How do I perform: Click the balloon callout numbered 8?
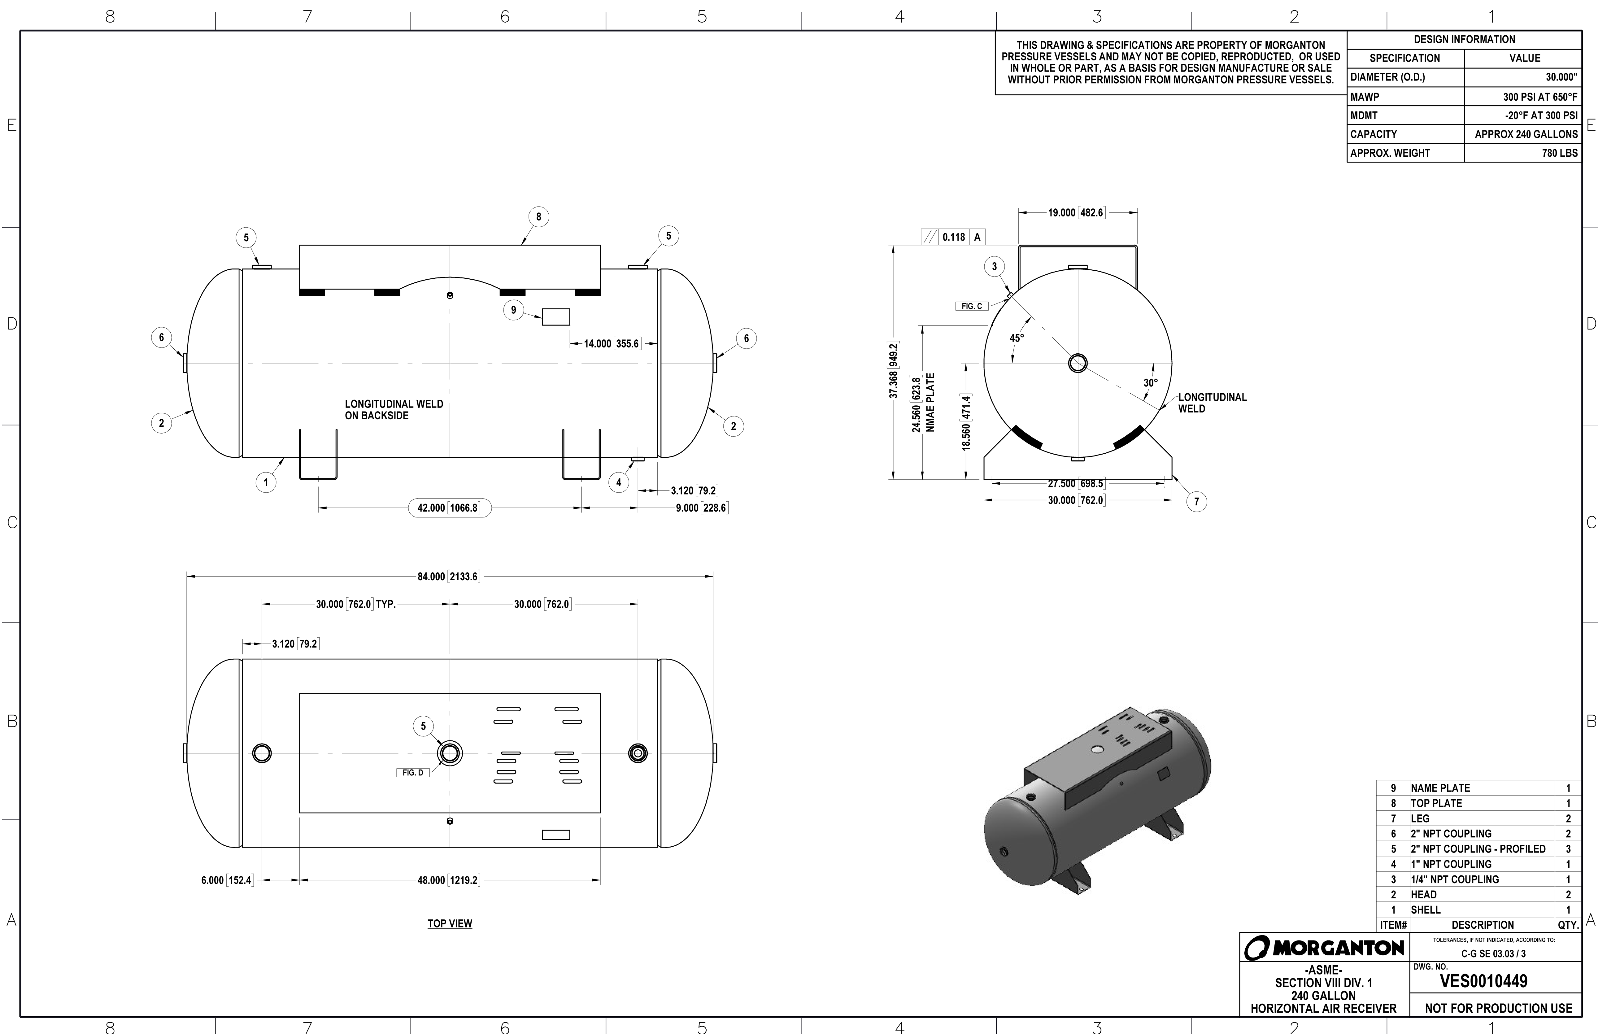[x=538, y=217]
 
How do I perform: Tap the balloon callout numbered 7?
[x=1196, y=502]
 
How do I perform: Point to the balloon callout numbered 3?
[x=994, y=267]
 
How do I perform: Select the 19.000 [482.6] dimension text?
[x=1075, y=213]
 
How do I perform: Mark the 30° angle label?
[x=1150, y=383]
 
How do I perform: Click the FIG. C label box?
[x=971, y=306]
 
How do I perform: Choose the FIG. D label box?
[x=412, y=773]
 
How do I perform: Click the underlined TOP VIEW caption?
[x=450, y=924]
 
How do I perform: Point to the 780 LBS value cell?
[x=1559, y=153]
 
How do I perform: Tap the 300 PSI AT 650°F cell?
[x=1539, y=97]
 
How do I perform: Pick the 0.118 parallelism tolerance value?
[x=953, y=237]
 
